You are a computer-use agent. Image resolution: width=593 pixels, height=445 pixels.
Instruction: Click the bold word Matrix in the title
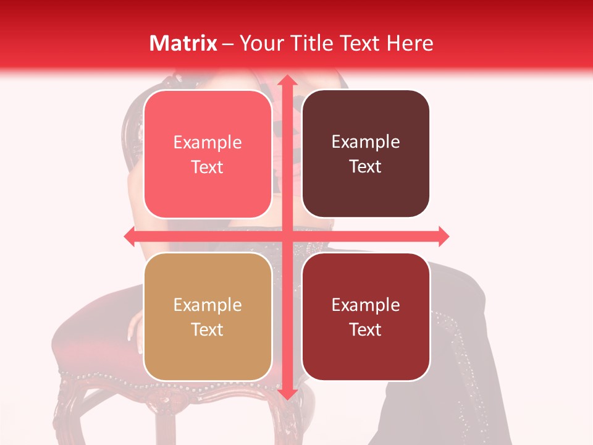[x=183, y=43]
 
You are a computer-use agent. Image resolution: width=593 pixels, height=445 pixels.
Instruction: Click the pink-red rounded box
[x=208, y=155]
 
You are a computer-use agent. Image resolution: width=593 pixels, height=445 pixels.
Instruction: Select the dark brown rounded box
[x=366, y=155]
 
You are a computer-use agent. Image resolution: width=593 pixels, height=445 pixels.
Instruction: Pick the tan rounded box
[x=208, y=317]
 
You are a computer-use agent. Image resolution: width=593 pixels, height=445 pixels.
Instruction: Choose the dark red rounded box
[x=366, y=317]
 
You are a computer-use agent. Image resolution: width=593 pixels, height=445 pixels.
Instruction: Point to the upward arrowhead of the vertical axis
[x=286, y=81]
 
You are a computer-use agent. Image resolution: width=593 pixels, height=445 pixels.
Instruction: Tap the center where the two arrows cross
[x=286, y=236]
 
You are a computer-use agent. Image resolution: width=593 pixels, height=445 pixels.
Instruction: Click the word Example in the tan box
[x=208, y=305]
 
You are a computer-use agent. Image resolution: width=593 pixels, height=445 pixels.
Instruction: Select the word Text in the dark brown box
[x=366, y=167]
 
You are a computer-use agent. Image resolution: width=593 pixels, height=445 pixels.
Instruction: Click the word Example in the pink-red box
[x=208, y=142]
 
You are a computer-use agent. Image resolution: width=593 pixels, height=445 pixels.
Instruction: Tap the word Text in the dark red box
[x=366, y=329]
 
